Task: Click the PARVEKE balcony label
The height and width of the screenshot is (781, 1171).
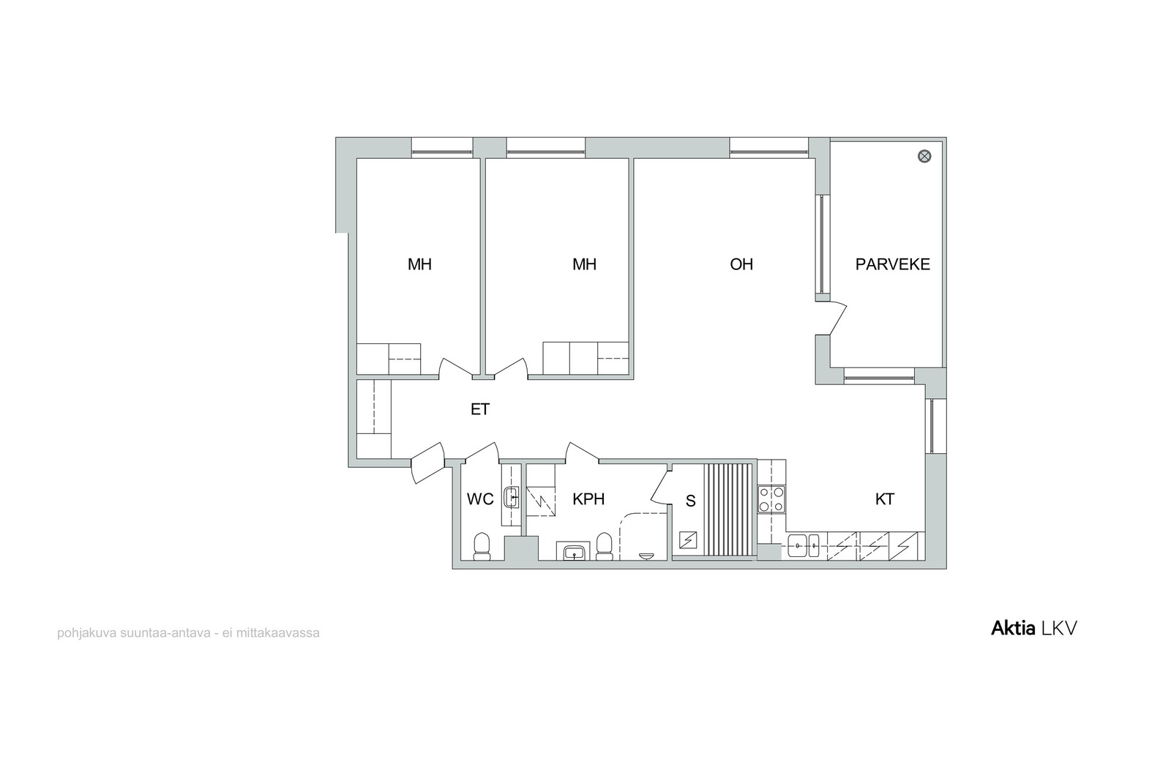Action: (x=892, y=264)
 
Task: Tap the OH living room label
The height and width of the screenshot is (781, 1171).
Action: (x=741, y=264)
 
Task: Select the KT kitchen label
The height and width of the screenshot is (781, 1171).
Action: (x=885, y=499)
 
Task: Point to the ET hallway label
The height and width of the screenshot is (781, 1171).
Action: (x=480, y=409)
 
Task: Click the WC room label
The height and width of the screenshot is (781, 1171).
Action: (x=480, y=499)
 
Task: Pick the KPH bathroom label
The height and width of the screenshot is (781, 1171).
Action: (x=588, y=499)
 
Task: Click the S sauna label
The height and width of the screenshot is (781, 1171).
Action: (x=691, y=501)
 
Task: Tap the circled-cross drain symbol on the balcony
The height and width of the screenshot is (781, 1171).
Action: (x=925, y=156)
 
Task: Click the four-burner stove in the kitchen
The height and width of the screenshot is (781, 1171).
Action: (x=771, y=499)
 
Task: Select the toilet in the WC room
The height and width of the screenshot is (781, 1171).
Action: (x=482, y=547)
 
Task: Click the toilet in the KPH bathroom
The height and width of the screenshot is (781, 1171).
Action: (x=605, y=547)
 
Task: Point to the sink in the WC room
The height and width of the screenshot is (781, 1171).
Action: (x=512, y=497)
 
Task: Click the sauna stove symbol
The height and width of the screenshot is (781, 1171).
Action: (x=688, y=539)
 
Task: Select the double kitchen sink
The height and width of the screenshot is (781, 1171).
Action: (x=803, y=546)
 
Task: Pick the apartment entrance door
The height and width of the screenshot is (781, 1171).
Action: (x=427, y=463)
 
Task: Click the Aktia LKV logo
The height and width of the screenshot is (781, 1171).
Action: (x=1034, y=629)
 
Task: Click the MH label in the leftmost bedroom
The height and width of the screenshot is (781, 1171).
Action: (x=419, y=264)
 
